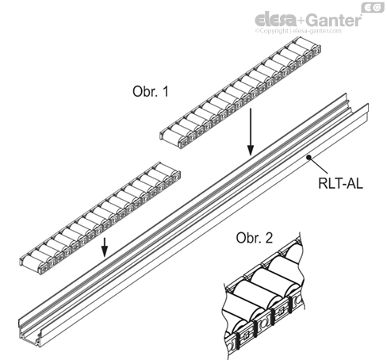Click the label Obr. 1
pos(151,92)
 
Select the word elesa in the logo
pos(274,18)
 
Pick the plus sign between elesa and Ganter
pos(300,18)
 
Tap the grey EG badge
pos(373,7)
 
